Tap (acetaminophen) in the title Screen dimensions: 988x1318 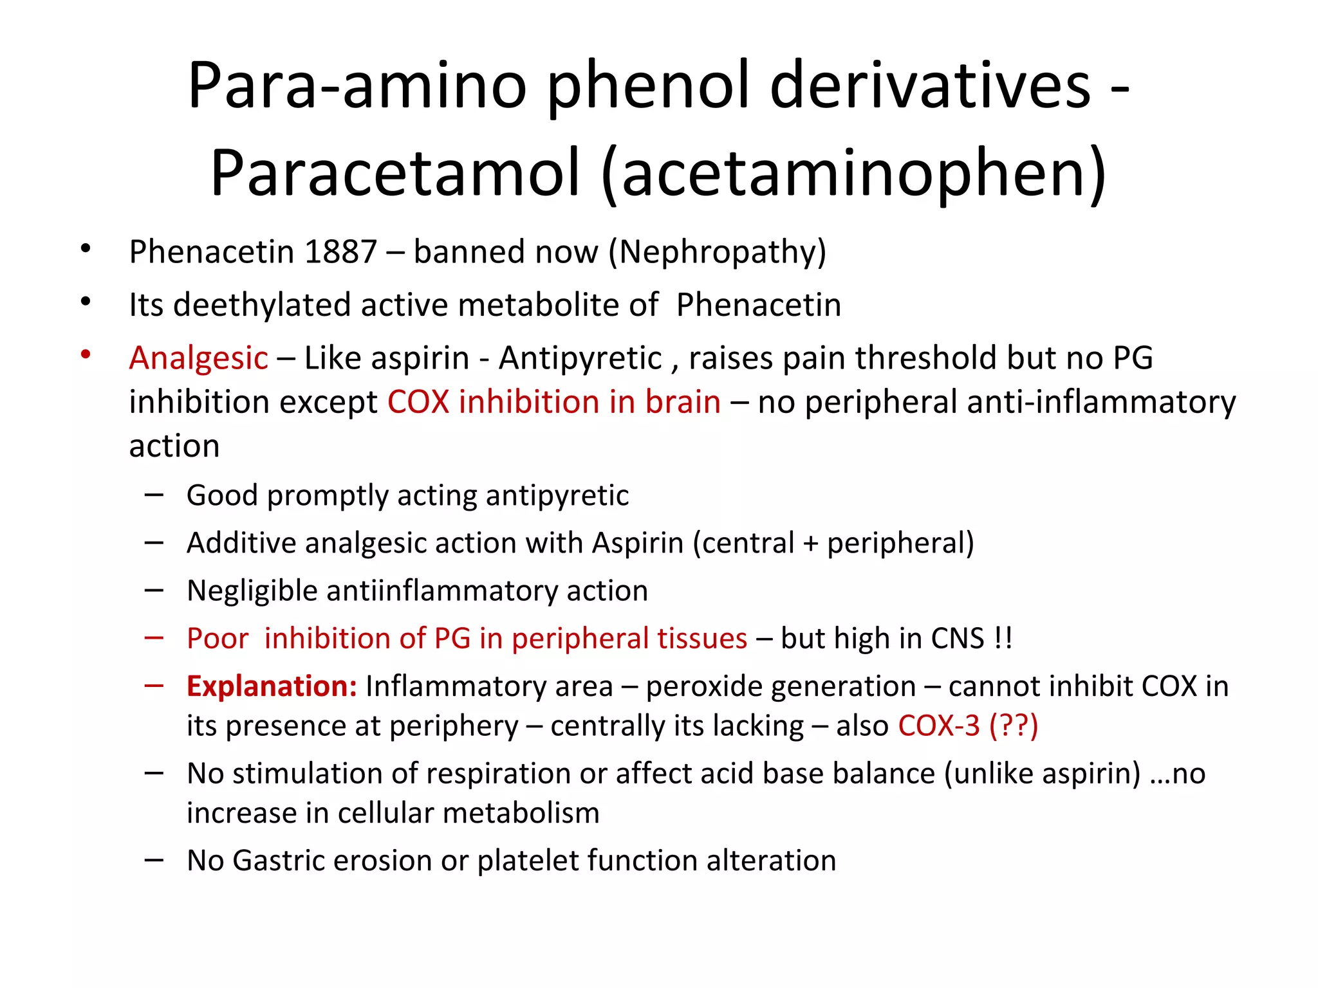click(854, 172)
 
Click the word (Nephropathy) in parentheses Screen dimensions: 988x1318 click(718, 252)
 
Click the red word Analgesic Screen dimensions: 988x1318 click(198, 358)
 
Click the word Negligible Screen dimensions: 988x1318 click(252, 591)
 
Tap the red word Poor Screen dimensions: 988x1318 click(218, 639)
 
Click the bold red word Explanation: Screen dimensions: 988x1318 click(272, 686)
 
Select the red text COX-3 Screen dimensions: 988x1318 click(939, 726)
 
